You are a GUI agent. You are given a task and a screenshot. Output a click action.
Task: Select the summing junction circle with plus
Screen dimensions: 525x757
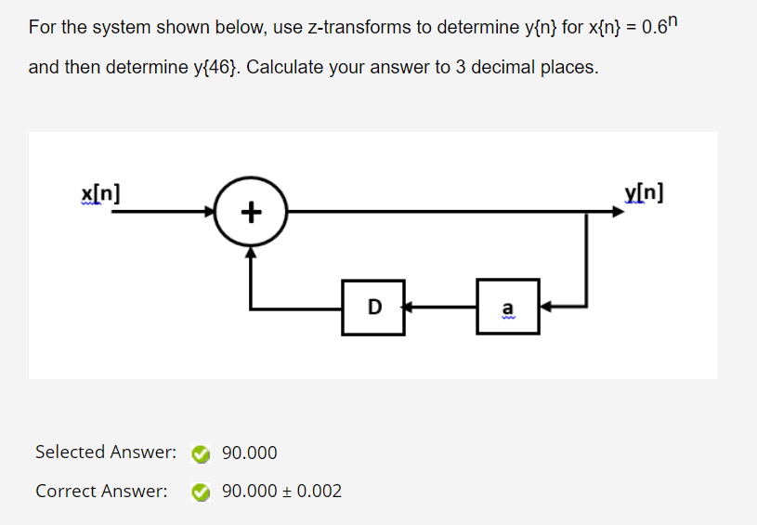(x=249, y=213)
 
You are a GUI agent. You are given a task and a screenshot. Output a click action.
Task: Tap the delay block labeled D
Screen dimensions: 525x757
(x=373, y=305)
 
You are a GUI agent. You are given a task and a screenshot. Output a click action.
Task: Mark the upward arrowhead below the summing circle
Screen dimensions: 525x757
(x=249, y=251)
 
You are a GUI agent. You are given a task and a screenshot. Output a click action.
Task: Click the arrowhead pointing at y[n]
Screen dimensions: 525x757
(x=617, y=213)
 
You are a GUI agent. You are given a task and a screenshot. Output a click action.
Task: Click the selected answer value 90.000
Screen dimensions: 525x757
(x=250, y=453)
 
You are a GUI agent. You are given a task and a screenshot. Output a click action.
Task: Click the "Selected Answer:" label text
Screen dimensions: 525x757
(x=105, y=453)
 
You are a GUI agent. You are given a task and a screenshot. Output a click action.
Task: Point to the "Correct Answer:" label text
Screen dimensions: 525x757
(x=101, y=491)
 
